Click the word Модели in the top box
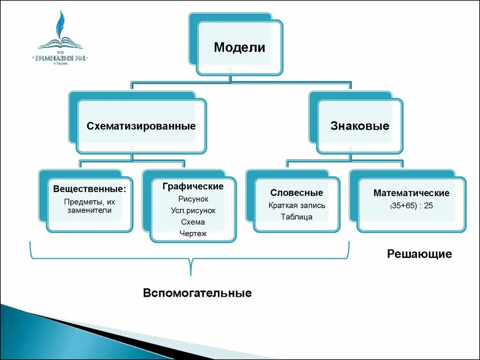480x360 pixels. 240,48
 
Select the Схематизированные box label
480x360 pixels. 141,126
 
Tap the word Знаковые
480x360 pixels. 360,126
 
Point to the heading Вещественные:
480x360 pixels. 90,189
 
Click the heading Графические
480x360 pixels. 193,187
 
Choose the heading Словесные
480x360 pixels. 297,193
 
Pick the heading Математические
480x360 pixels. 411,193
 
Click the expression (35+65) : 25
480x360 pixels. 411,206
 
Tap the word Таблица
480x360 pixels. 297,217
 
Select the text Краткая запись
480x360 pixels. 297,205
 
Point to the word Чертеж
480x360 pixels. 193,233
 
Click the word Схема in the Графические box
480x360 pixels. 193,222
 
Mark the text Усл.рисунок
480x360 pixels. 193,210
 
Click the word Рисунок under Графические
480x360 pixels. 193,199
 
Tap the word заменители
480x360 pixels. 89,210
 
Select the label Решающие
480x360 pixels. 419,254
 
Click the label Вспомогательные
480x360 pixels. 197,293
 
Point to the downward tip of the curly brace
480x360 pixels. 190,274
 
